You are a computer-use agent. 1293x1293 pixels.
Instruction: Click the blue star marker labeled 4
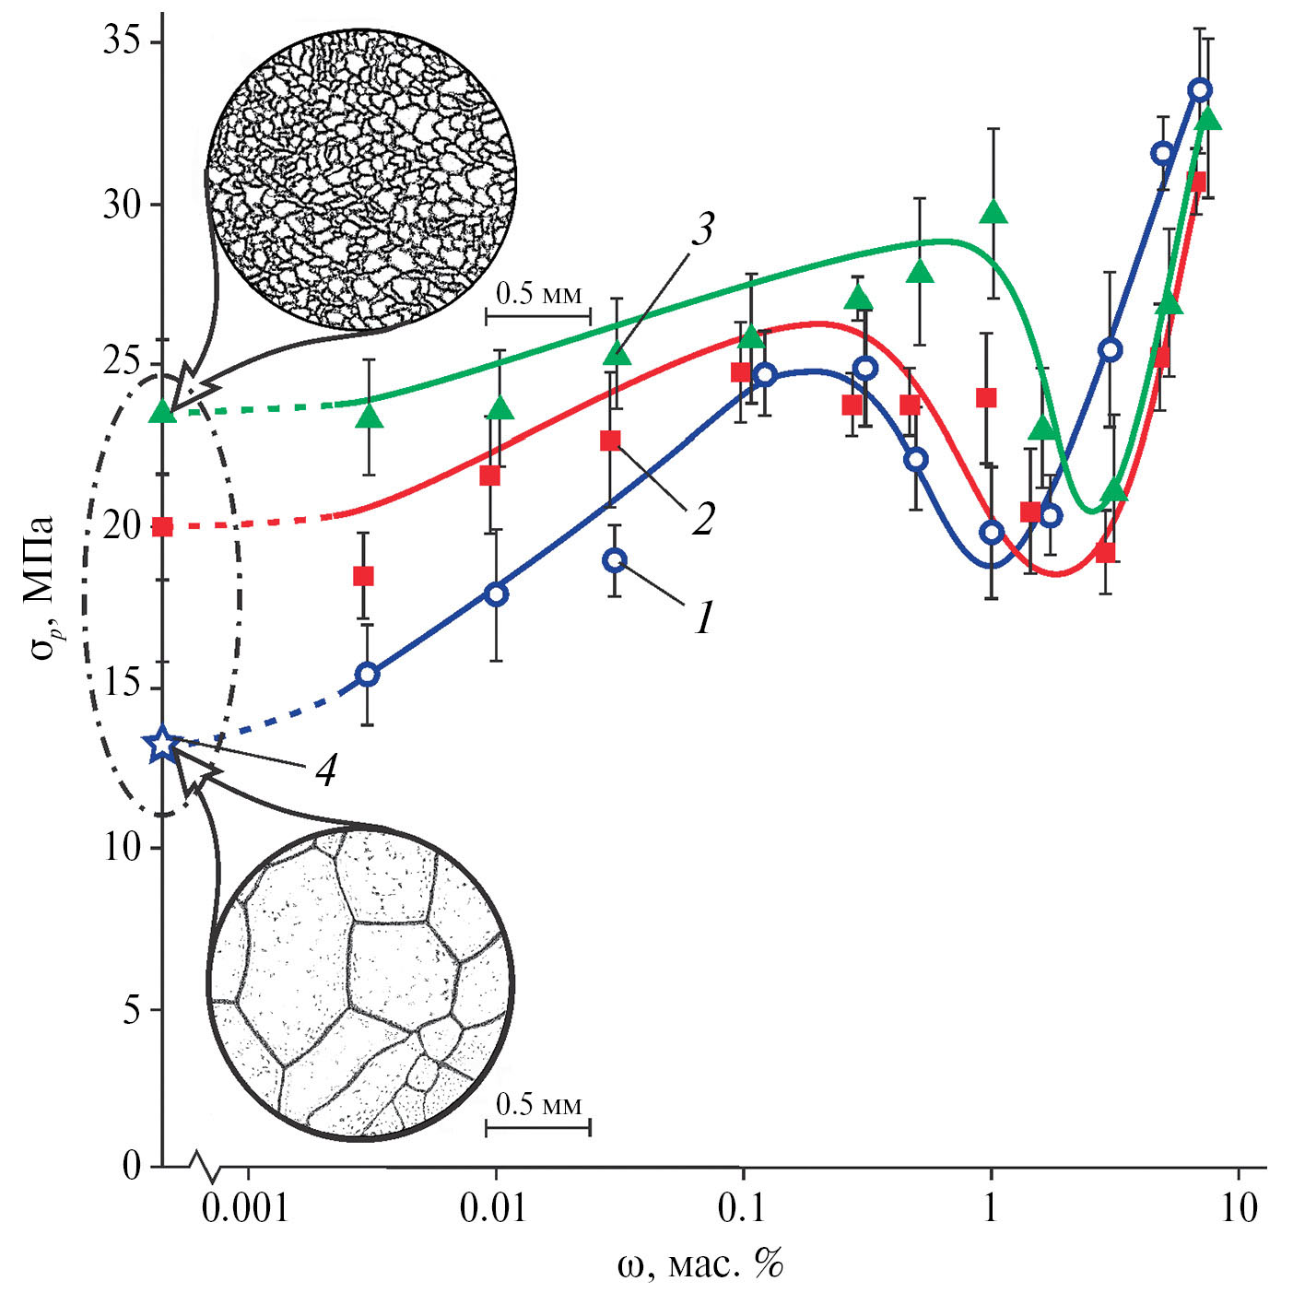click(163, 743)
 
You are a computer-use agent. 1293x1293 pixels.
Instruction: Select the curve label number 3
click(703, 229)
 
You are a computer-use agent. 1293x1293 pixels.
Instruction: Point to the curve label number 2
click(703, 519)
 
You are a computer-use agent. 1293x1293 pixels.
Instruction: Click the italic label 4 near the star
click(325, 769)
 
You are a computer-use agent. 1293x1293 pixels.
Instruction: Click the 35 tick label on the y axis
click(121, 42)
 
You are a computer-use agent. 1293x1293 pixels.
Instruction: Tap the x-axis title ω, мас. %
click(699, 1264)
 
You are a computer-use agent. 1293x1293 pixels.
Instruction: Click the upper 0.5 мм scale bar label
click(539, 294)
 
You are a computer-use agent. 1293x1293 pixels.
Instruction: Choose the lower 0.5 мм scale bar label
click(539, 1103)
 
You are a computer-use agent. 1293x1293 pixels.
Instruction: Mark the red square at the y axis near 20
click(163, 527)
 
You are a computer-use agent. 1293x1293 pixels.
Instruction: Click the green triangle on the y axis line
click(163, 411)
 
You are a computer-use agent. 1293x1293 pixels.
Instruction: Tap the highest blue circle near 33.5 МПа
click(1200, 89)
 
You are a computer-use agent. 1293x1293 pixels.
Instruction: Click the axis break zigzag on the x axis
click(206, 1167)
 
